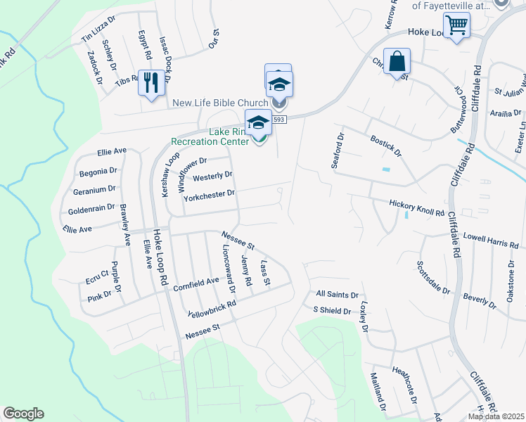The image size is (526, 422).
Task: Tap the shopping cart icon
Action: (457, 25)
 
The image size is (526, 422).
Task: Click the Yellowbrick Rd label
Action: (211, 309)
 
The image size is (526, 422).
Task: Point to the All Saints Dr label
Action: (338, 295)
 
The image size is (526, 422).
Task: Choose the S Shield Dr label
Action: (332, 310)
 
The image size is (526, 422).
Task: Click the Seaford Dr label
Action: (338, 150)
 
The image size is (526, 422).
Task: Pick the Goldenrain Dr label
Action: (91, 210)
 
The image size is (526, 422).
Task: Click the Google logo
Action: (23, 414)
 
